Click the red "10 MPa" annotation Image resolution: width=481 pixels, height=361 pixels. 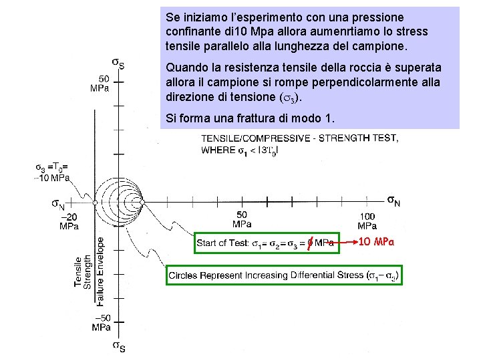click(x=377, y=241)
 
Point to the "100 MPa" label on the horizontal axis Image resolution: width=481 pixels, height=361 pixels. click(x=367, y=221)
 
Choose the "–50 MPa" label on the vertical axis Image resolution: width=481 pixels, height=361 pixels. click(x=102, y=322)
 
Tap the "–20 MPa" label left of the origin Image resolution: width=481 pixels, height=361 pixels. click(x=69, y=221)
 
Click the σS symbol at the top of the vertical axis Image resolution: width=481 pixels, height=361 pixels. click(x=118, y=64)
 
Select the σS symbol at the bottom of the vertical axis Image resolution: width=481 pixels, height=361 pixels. click(x=118, y=346)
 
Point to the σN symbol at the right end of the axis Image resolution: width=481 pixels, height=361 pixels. click(x=394, y=200)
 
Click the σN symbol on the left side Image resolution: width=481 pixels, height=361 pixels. click(x=59, y=203)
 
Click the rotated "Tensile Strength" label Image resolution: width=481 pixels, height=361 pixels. click(x=82, y=272)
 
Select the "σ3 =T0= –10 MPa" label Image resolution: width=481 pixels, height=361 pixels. click(x=53, y=172)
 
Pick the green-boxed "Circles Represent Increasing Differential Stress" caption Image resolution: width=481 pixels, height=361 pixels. click(x=284, y=275)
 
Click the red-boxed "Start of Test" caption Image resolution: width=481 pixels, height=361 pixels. click(x=265, y=242)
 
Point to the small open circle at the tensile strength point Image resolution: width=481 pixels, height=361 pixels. click(x=96, y=201)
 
